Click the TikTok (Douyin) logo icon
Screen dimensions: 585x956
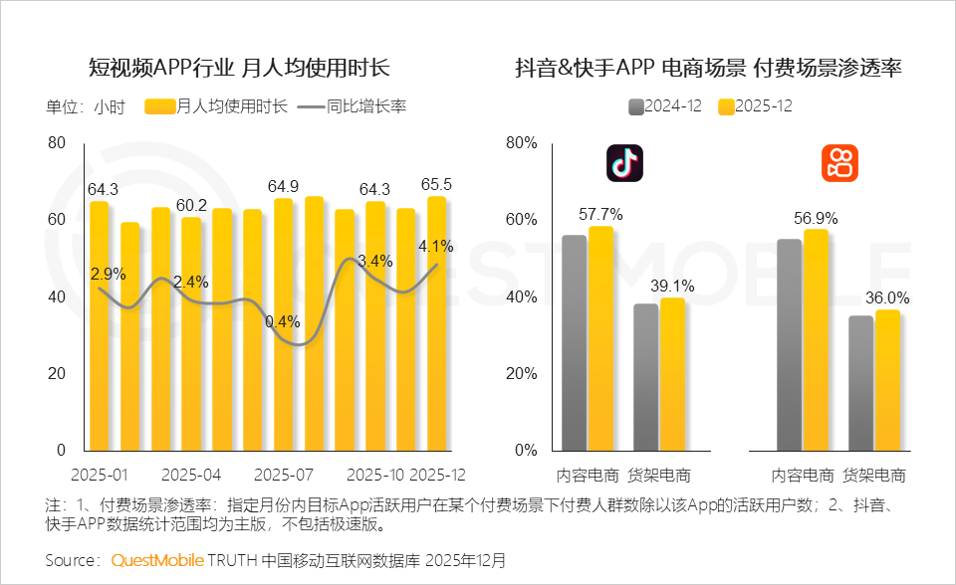point(624,163)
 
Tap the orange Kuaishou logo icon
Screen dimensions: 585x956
point(839,163)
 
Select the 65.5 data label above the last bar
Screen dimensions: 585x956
point(436,184)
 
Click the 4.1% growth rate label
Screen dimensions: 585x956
point(436,246)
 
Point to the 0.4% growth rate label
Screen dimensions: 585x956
point(283,321)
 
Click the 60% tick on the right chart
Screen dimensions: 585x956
point(521,220)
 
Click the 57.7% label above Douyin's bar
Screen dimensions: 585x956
point(600,214)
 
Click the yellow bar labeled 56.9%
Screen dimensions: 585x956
point(816,339)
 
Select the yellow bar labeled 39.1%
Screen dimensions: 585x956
point(672,373)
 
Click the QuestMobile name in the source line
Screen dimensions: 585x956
point(157,560)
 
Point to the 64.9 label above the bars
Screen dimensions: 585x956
point(284,186)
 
